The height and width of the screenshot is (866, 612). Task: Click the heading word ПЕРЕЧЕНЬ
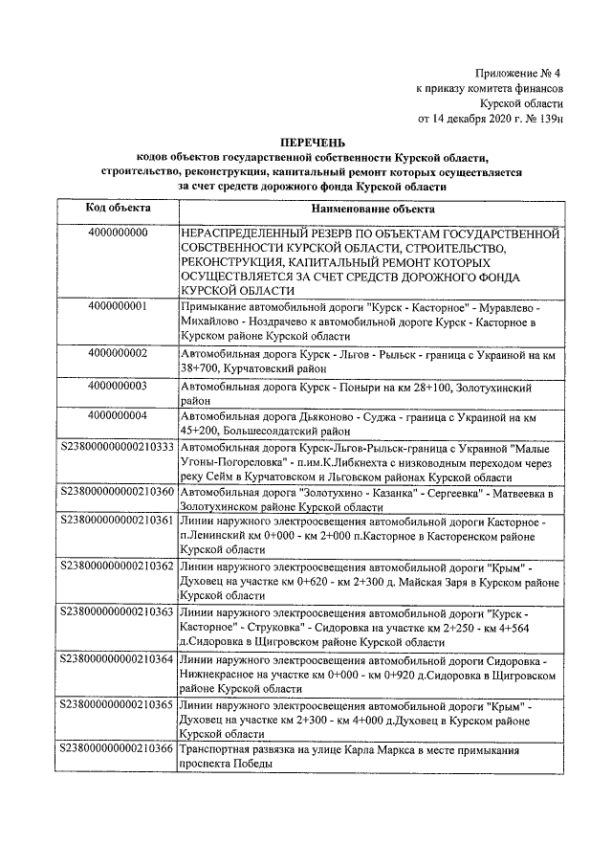(306, 143)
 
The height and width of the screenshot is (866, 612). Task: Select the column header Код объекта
(117, 209)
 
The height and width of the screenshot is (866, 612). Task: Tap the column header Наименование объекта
(372, 209)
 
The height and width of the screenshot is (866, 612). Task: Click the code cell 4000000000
(117, 233)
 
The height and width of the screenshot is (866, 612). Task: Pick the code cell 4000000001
(117, 306)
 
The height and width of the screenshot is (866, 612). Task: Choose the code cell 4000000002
(117, 353)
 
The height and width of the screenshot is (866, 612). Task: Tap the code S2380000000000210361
(117, 522)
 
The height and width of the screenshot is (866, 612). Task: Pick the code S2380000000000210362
(117, 566)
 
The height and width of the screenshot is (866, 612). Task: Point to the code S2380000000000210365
(117, 704)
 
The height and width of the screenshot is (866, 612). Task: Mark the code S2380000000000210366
(117, 748)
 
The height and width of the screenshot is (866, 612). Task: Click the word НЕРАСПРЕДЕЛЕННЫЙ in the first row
(247, 233)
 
